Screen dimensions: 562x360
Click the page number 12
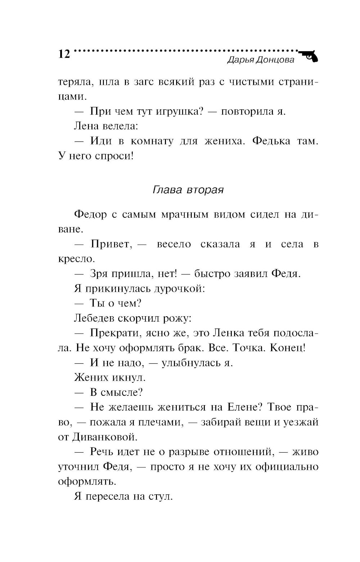64,54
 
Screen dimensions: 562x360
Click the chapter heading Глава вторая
188,190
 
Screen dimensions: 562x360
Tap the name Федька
271,141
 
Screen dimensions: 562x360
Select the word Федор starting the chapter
90,214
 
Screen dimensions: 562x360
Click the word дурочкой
179,289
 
